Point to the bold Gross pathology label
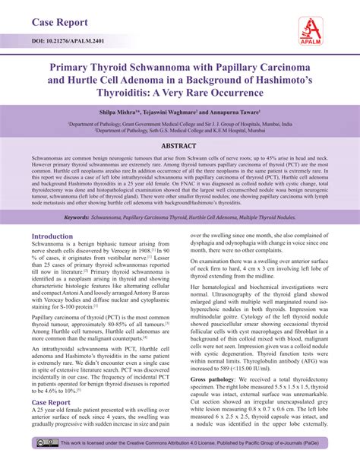tap(213, 377)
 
